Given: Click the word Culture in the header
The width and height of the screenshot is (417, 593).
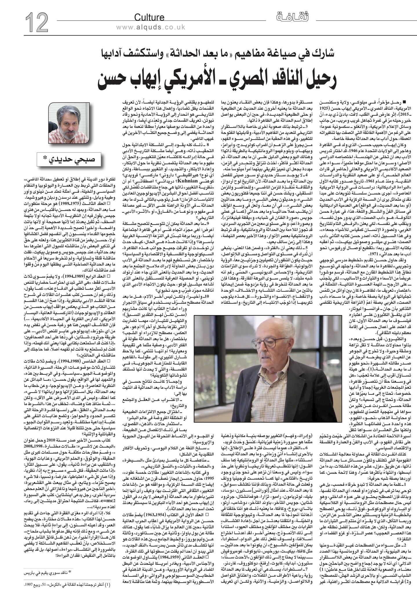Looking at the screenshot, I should [149, 18].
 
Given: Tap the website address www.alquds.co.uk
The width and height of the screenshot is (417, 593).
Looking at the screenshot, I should [151, 27].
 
